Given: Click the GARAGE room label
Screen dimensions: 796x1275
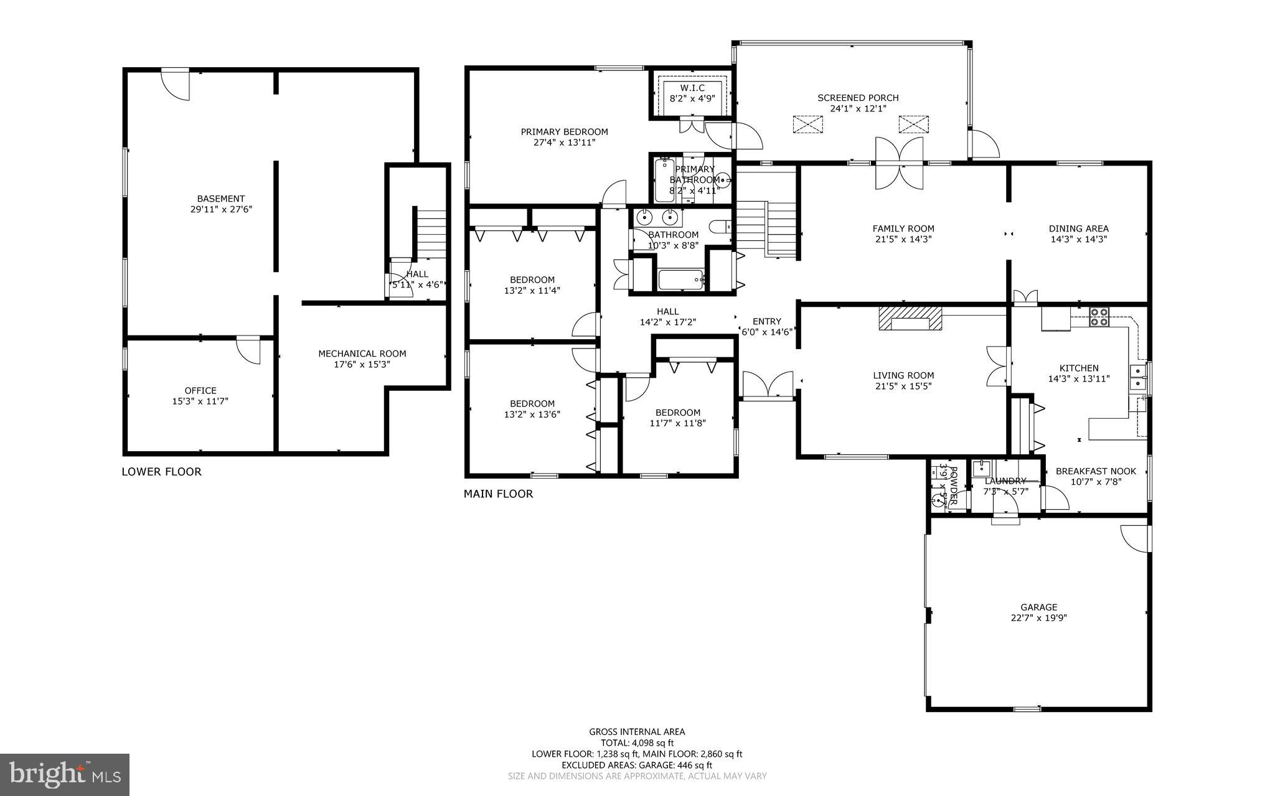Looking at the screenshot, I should (1038, 607).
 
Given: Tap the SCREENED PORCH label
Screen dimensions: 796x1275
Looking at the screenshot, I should (858, 98).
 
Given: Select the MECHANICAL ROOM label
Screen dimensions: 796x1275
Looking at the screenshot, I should (362, 354).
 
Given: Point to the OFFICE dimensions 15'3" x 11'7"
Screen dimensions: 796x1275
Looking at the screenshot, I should (200, 401).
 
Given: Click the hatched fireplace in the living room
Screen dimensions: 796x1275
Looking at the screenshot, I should (910, 320).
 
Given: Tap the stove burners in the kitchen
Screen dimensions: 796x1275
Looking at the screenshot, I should (1099, 317).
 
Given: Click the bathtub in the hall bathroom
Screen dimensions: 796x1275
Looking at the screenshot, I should (680, 280).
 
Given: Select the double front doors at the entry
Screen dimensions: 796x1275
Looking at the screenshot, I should (768, 385).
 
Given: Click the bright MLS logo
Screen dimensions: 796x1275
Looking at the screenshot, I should (65, 774).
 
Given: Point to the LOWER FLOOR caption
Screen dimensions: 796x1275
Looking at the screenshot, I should (161, 472).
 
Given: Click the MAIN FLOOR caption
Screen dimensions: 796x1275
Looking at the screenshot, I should (498, 494).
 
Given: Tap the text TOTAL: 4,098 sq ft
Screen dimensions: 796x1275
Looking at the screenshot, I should (637, 742).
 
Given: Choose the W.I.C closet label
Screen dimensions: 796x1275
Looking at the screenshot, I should (692, 88).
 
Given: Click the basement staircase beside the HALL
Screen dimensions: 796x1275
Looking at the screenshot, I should (431, 233).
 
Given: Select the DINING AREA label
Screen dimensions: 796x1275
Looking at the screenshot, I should (1078, 228).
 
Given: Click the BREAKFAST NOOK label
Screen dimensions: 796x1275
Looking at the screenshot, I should (1096, 471).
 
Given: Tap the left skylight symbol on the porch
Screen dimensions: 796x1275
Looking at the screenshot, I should (807, 124).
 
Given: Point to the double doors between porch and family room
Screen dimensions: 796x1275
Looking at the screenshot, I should (898, 163).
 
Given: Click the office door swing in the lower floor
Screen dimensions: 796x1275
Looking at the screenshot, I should (250, 350).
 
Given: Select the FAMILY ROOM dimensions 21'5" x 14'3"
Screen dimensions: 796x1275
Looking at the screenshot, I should (903, 239).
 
